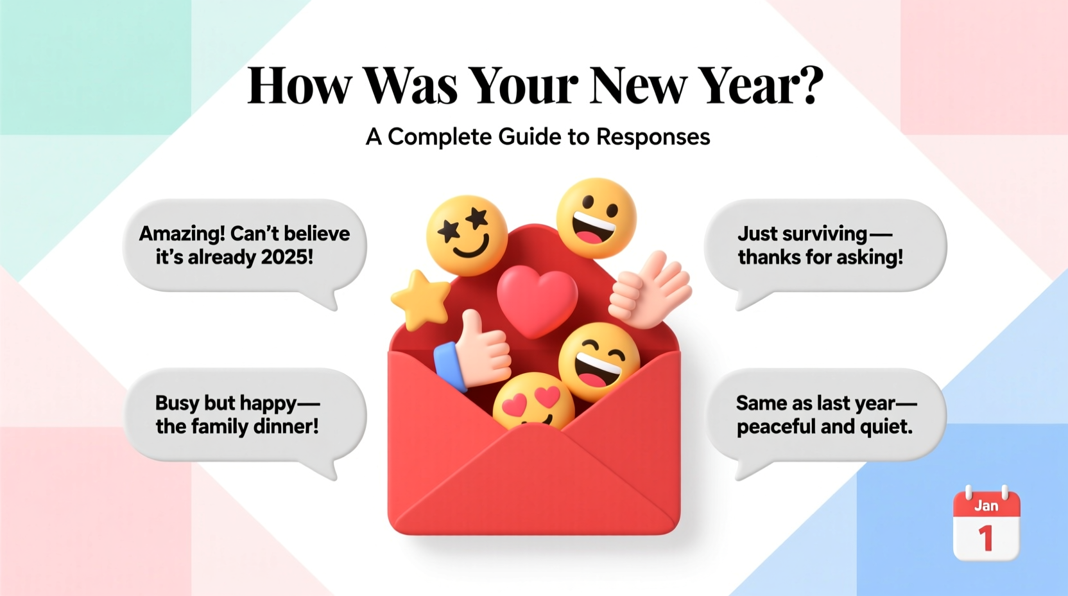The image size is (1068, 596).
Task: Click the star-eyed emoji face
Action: coord(467,236)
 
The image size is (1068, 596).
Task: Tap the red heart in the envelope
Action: coord(537,301)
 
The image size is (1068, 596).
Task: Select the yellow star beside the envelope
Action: coord(421,299)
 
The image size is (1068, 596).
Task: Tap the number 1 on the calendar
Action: coord(986,538)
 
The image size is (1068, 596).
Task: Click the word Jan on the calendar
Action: coord(986,506)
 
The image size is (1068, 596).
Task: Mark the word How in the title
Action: coord(300,86)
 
